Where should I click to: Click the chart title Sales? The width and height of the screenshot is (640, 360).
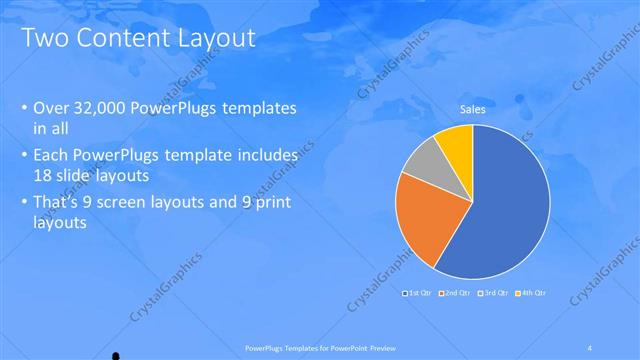tap(473, 109)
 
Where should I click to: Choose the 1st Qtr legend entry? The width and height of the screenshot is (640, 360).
tap(417, 293)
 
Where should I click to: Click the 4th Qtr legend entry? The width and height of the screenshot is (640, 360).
tap(530, 293)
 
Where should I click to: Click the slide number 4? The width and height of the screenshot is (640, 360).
tap(590, 346)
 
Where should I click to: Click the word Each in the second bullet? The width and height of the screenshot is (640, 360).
tap(52, 156)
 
